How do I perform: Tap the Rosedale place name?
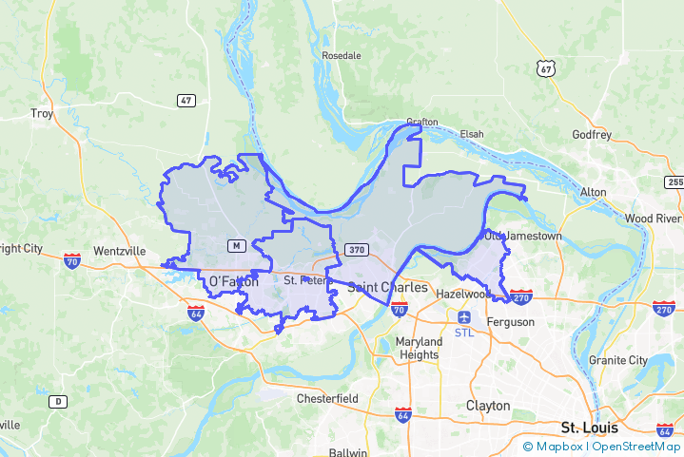click(342, 55)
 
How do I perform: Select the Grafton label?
click(421, 122)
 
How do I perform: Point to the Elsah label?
click(472, 134)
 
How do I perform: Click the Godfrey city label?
click(592, 134)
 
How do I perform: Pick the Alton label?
click(593, 192)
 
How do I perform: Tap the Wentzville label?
click(119, 251)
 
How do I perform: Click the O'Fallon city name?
click(233, 281)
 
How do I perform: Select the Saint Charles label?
click(387, 286)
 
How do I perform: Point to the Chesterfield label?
click(327, 397)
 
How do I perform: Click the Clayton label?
click(488, 406)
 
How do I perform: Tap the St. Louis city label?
click(590, 428)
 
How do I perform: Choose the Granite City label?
click(617, 360)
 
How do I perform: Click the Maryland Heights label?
click(419, 348)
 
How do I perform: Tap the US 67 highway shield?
click(544, 68)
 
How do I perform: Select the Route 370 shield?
click(356, 249)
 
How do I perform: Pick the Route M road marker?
click(236, 246)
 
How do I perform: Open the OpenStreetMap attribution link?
click(636, 446)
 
